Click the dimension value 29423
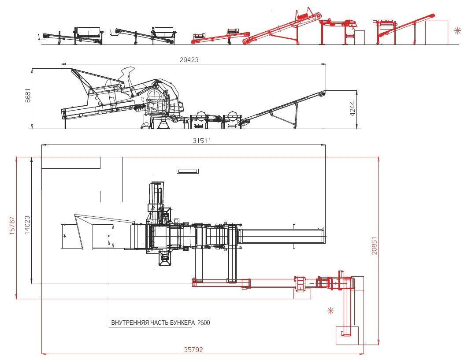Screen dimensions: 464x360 [x=189, y=60]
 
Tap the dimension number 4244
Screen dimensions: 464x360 [x=352, y=108]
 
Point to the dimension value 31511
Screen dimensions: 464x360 [x=202, y=140]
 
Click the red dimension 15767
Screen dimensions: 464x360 [x=12, y=226]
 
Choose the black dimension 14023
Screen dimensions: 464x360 [x=27, y=225]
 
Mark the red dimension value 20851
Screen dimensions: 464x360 [x=375, y=245]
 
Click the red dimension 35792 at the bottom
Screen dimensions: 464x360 [x=193, y=350]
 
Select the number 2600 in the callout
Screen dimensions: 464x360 [x=204, y=323]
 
